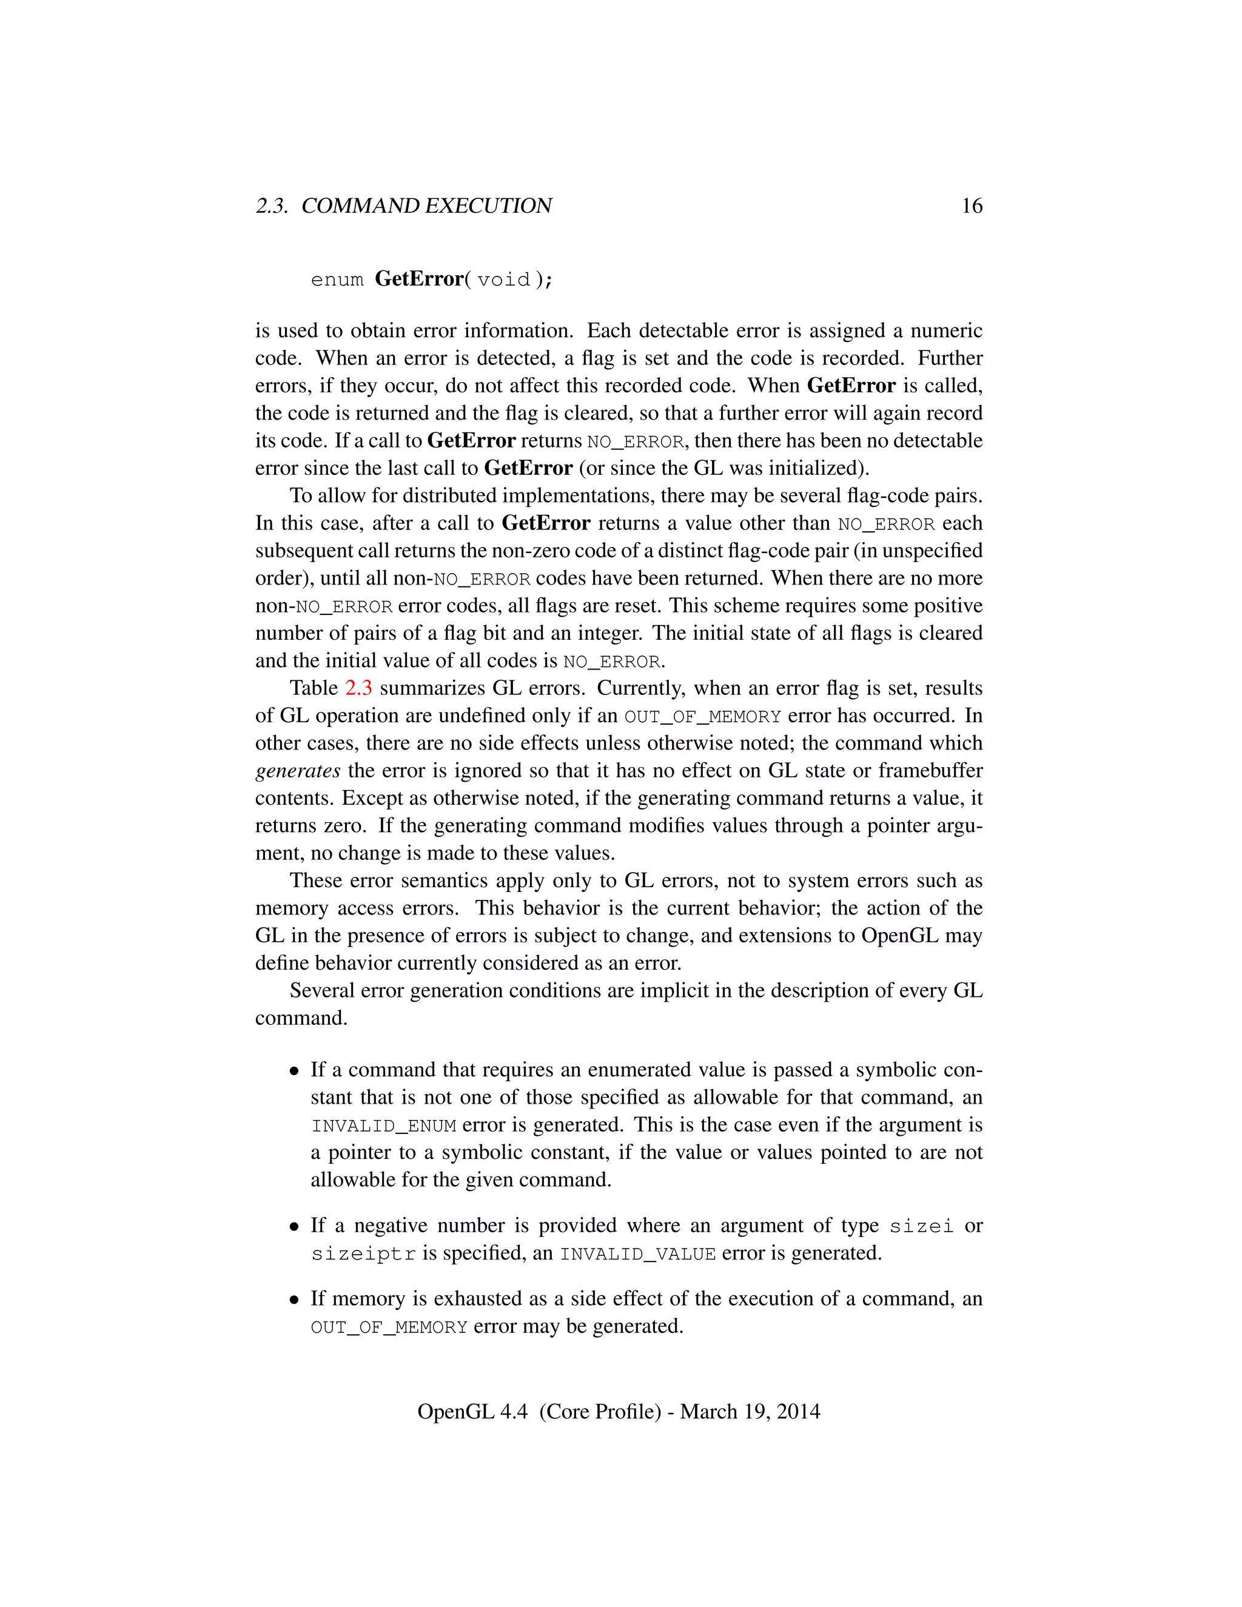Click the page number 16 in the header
[x=972, y=206]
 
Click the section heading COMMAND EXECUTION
[x=427, y=206]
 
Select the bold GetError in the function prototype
[x=418, y=279]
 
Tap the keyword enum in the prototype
[x=337, y=280]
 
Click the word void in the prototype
[x=503, y=280]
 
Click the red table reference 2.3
[x=358, y=688]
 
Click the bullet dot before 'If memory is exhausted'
[x=294, y=1300]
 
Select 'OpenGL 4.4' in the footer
[x=472, y=1411]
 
